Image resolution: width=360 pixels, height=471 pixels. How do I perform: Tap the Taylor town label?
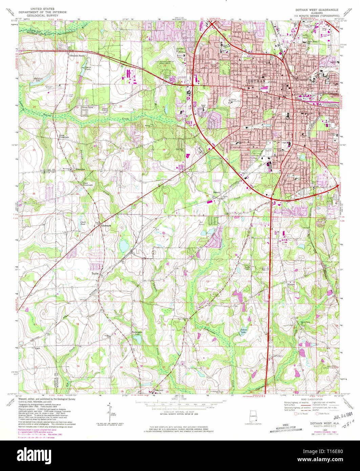click(94, 273)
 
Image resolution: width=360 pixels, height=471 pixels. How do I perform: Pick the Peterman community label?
click(81, 168)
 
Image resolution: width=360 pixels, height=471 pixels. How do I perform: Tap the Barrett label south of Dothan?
click(216, 192)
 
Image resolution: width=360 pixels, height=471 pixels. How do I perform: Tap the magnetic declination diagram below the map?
click(109, 411)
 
